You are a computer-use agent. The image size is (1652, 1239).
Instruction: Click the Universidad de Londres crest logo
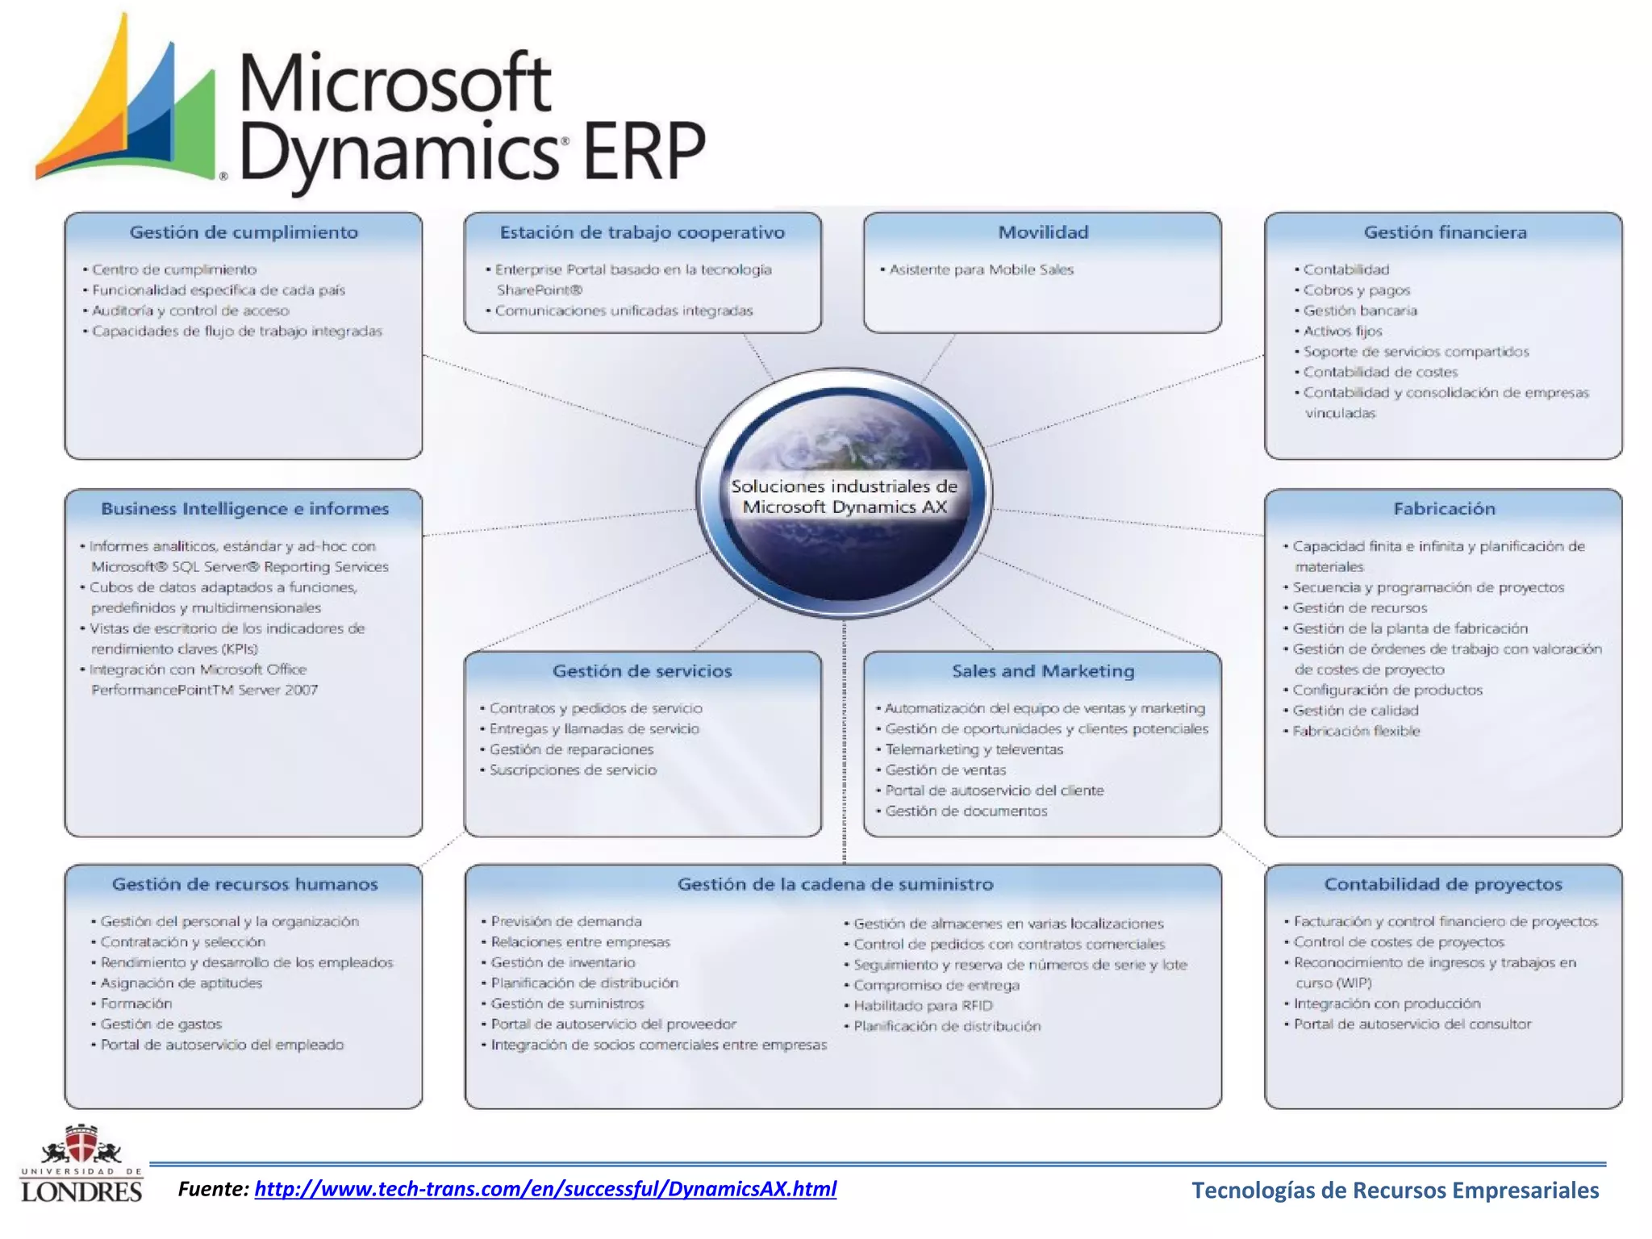pos(81,1163)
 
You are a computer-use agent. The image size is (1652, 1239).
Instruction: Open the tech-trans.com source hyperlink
pos(545,1189)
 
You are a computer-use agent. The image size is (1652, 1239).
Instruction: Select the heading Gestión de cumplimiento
pos(244,232)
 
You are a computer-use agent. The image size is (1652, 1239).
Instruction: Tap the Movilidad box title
pos(1043,232)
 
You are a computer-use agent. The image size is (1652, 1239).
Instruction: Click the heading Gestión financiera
pos(1445,232)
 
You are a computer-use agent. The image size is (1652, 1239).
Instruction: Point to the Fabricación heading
pos(1444,509)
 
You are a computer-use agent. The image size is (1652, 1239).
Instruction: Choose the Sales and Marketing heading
pos(1043,671)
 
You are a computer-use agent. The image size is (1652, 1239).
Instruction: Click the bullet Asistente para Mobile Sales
pos(981,269)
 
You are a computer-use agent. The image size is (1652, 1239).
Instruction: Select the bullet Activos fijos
pos(1342,332)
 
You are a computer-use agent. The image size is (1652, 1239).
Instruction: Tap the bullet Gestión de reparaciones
pos(571,749)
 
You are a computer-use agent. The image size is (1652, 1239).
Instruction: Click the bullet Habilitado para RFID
pos(923,1006)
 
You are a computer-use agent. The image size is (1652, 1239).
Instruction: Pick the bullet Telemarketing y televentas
pos(974,749)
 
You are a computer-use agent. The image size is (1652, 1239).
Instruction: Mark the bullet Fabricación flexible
pos(1356,731)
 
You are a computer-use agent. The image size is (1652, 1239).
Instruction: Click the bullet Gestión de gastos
pos(161,1024)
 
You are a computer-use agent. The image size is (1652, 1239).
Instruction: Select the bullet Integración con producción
pos(1387,1003)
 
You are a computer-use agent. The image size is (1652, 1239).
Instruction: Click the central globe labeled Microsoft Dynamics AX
pos(844,494)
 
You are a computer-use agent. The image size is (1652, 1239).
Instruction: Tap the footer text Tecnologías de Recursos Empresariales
pos(1395,1191)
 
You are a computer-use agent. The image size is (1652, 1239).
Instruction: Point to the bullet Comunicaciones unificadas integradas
pos(624,311)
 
